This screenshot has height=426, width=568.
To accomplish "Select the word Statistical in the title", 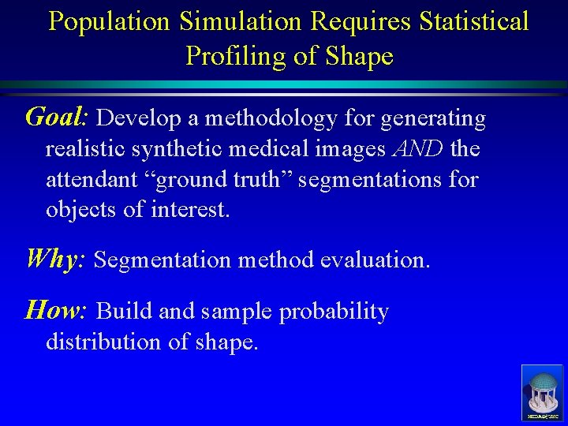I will point(474,22).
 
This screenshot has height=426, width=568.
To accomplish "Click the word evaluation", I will point(375,260).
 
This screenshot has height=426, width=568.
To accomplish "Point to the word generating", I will point(433,119).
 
